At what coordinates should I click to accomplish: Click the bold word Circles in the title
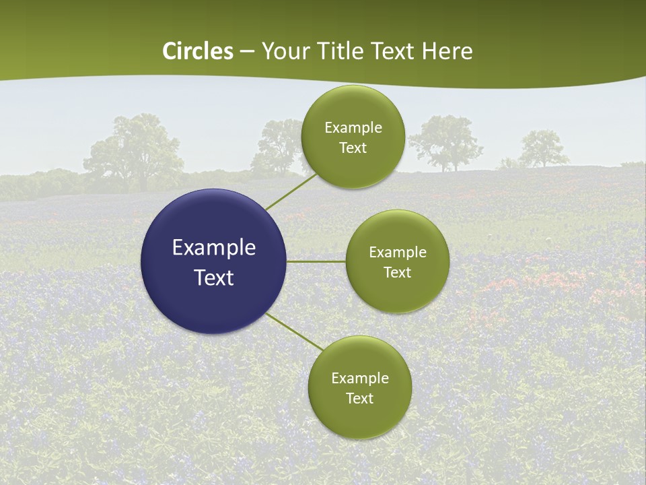tap(198, 51)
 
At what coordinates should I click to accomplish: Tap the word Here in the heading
tap(447, 51)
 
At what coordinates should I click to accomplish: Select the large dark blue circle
tap(213, 261)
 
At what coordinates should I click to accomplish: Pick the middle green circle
tap(397, 261)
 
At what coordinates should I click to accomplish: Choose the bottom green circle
tap(359, 387)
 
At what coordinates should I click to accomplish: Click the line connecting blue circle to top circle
tap(291, 192)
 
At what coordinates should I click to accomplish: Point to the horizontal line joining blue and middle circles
tap(316, 261)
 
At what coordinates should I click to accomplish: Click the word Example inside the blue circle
tap(213, 247)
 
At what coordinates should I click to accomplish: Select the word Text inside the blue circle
tap(213, 277)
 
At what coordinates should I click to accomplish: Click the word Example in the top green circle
tap(353, 127)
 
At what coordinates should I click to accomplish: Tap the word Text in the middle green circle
tap(397, 272)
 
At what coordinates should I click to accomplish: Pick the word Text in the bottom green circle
tap(359, 398)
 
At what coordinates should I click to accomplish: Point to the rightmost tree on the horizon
tap(542, 148)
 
